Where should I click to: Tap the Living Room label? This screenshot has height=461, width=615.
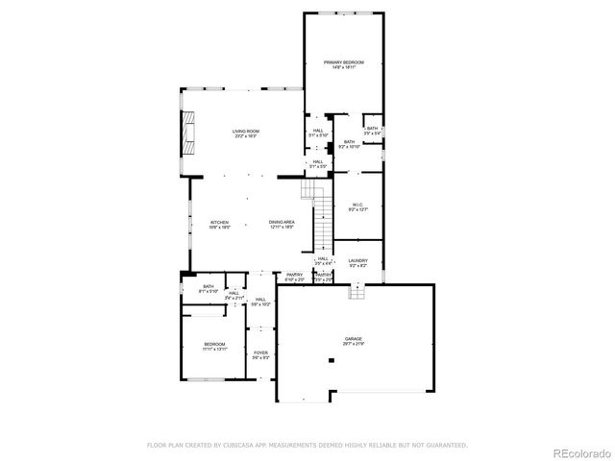(246, 133)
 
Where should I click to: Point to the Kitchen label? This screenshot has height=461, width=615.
(220, 225)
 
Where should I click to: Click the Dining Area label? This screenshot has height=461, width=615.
(282, 225)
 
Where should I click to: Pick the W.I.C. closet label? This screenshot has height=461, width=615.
(357, 206)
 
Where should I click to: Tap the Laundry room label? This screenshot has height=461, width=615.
(357, 263)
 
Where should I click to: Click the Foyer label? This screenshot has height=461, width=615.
(260, 355)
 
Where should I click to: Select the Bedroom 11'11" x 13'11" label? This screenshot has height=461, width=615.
(213, 346)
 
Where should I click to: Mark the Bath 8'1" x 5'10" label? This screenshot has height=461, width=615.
(209, 288)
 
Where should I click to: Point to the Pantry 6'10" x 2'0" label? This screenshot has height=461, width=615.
(294, 278)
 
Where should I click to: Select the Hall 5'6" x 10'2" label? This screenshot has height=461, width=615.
(261, 302)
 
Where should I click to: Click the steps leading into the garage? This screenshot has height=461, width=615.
(357, 291)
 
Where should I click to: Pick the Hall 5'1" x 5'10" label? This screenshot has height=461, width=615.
(318, 133)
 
